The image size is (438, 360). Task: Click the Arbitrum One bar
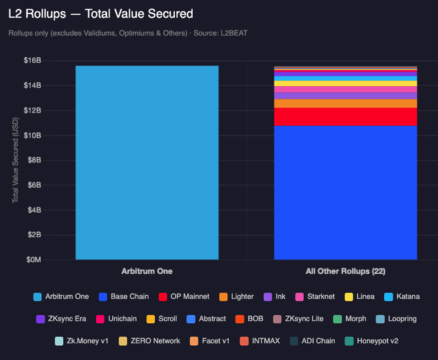coord(146,163)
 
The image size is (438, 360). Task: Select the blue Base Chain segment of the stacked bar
coord(345,192)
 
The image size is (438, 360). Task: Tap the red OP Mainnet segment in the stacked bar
coord(345,117)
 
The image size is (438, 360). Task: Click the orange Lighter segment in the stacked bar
coord(345,103)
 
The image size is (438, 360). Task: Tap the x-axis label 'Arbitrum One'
coord(146,272)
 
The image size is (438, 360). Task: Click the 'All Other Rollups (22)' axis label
coord(345,272)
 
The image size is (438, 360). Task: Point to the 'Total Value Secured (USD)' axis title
coord(15,161)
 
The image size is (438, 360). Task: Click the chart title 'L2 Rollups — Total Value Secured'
coord(101,13)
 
